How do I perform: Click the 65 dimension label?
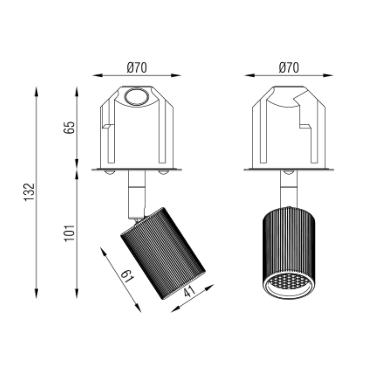[69, 128]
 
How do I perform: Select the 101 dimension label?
[70, 233]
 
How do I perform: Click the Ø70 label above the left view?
[137, 68]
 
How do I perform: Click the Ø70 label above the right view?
[289, 68]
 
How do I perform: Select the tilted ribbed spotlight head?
[163, 253]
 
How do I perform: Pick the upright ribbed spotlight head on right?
[289, 253]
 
